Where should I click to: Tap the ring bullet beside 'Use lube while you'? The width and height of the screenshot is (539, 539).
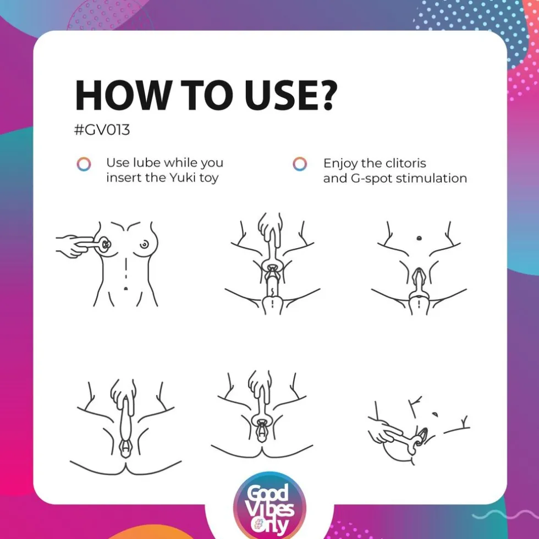coord(84,164)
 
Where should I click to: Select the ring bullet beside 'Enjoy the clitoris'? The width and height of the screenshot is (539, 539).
coord(300,164)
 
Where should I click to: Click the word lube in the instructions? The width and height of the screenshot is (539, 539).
coord(145,163)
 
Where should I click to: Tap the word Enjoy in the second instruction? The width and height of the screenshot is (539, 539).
coord(340,163)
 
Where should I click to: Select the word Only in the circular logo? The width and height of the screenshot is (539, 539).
coord(269,526)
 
